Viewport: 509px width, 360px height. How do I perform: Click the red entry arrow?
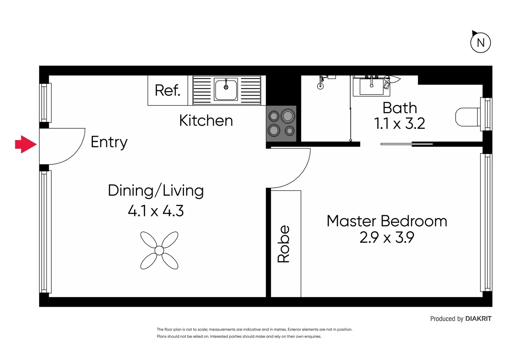(x=26, y=144)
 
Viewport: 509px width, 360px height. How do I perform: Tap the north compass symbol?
(x=480, y=43)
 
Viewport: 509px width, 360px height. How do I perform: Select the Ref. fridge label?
(x=167, y=90)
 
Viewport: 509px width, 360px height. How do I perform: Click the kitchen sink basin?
(x=226, y=89)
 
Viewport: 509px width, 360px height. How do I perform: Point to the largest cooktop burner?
(x=287, y=116)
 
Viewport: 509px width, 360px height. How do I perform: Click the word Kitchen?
(x=206, y=121)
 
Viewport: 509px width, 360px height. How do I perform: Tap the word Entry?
(x=109, y=142)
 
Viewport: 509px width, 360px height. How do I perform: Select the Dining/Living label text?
(x=156, y=191)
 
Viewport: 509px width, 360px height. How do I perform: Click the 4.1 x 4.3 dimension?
(x=156, y=211)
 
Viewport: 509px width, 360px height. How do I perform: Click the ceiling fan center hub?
(x=159, y=250)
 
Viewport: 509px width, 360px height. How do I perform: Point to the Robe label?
(x=284, y=244)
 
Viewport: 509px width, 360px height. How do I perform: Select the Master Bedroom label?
(x=386, y=221)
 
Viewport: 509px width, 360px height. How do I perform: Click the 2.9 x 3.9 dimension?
(x=386, y=238)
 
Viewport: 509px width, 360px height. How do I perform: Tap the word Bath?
(x=399, y=108)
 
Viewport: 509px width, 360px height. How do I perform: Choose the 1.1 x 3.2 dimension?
(x=399, y=124)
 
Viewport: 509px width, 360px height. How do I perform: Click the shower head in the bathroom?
(x=320, y=86)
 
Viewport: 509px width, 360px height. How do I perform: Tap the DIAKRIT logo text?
(x=478, y=319)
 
